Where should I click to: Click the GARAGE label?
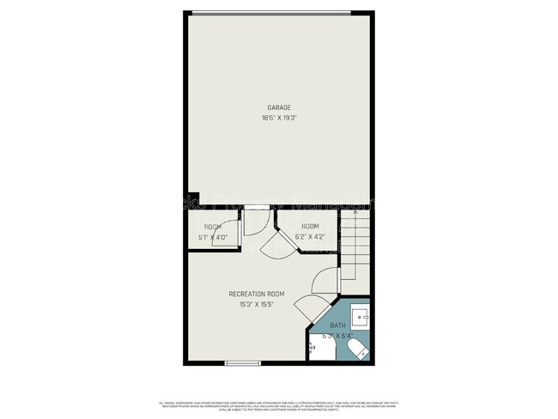pyautogui.click(x=279, y=107)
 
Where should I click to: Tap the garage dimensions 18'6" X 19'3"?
pyautogui.click(x=279, y=118)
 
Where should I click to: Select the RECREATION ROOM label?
pyautogui.click(x=257, y=294)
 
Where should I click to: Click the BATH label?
pyautogui.click(x=338, y=326)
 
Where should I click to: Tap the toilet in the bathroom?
pyautogui.click(x=358, y=350)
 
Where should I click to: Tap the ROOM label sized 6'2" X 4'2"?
pyautogui.click(x=309, y=226)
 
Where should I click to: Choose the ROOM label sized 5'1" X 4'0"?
pyautogui.click(x=212, y=227)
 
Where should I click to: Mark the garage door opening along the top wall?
pyautogui.click(x=271, y=12)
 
